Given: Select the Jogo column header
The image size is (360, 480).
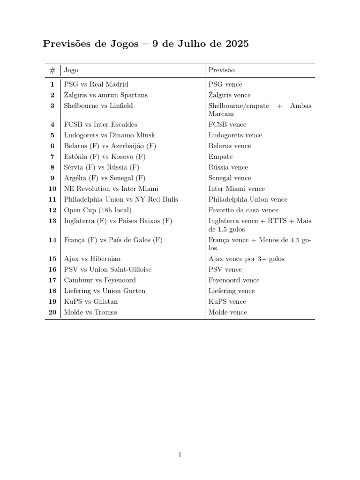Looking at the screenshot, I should (71, 70).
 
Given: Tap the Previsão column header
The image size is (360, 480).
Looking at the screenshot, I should (222, 70).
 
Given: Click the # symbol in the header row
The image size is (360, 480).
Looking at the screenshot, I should (52, 70).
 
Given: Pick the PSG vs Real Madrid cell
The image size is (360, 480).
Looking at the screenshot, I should (96, 84).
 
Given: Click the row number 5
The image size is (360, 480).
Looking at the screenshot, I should (52, 135).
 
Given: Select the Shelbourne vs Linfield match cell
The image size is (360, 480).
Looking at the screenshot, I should (98, 106).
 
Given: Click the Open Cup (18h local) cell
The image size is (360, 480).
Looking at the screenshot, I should (97, 210).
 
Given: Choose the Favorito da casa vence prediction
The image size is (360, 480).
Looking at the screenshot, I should (243, 210).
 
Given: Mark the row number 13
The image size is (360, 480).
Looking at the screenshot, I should (52, 221).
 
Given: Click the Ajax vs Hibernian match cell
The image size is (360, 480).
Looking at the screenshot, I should (92, 259).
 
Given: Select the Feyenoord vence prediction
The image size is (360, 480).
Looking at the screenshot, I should (234, 280).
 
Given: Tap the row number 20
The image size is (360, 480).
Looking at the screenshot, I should (52, 312).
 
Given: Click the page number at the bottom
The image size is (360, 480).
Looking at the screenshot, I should (180, 454).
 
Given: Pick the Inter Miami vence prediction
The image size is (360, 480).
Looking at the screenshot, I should (237, 189).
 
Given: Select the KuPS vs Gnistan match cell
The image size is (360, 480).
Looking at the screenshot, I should (91, 301).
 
